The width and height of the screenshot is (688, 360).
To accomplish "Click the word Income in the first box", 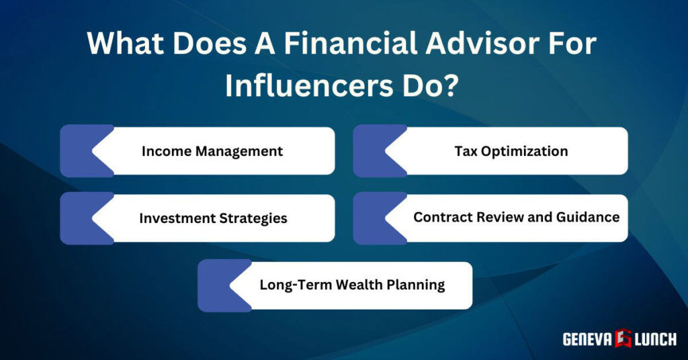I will tap(165, 151).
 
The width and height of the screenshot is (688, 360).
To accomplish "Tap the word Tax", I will tap(466, 151).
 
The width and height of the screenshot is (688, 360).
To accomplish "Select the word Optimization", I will tap(525, 151).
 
